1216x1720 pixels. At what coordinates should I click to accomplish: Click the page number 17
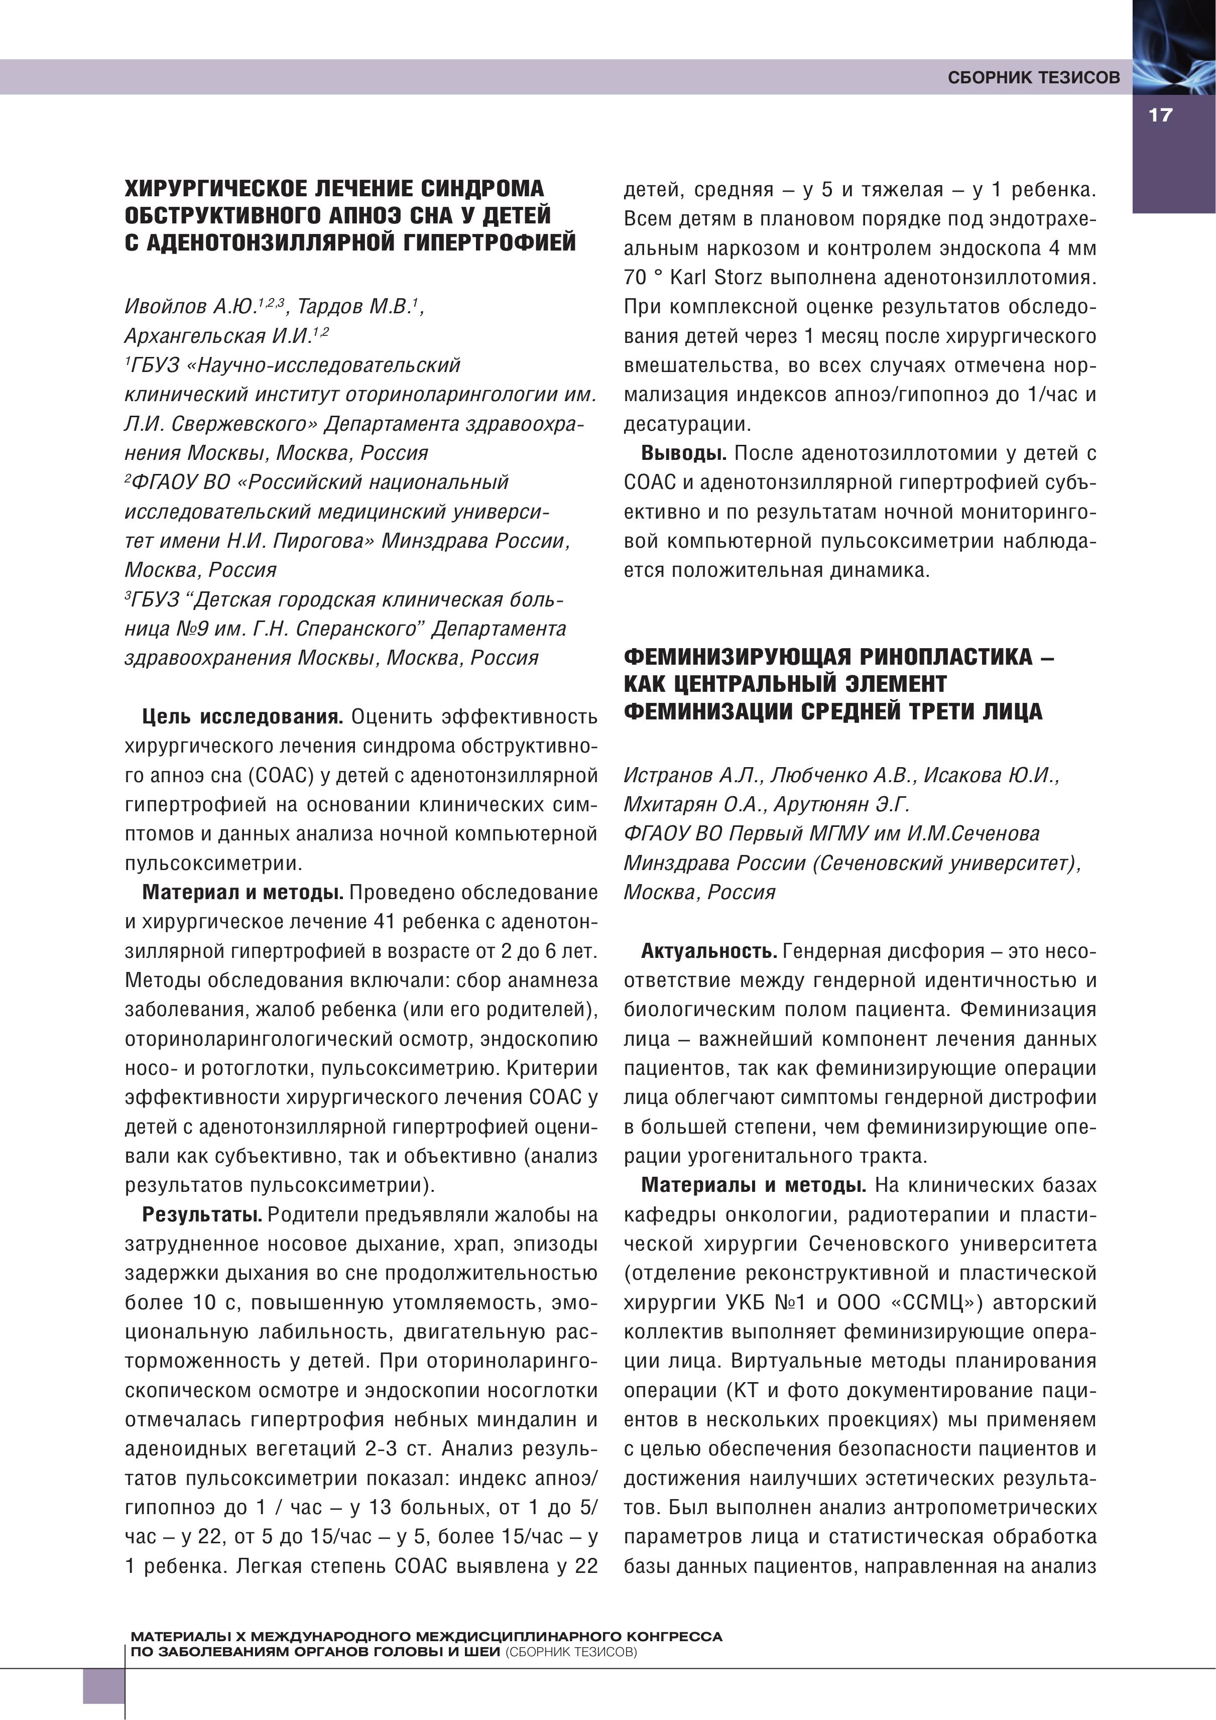point(1159,115)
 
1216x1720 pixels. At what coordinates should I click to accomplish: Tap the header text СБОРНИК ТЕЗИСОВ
point(1034,78)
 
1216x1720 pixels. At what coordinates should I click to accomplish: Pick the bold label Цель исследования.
point(242,717)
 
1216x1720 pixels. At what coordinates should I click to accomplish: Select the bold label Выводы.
point(683,453)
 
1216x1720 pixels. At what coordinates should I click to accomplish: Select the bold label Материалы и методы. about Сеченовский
point(754,1185)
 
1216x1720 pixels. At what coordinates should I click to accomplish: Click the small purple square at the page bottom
point(102,1685)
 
